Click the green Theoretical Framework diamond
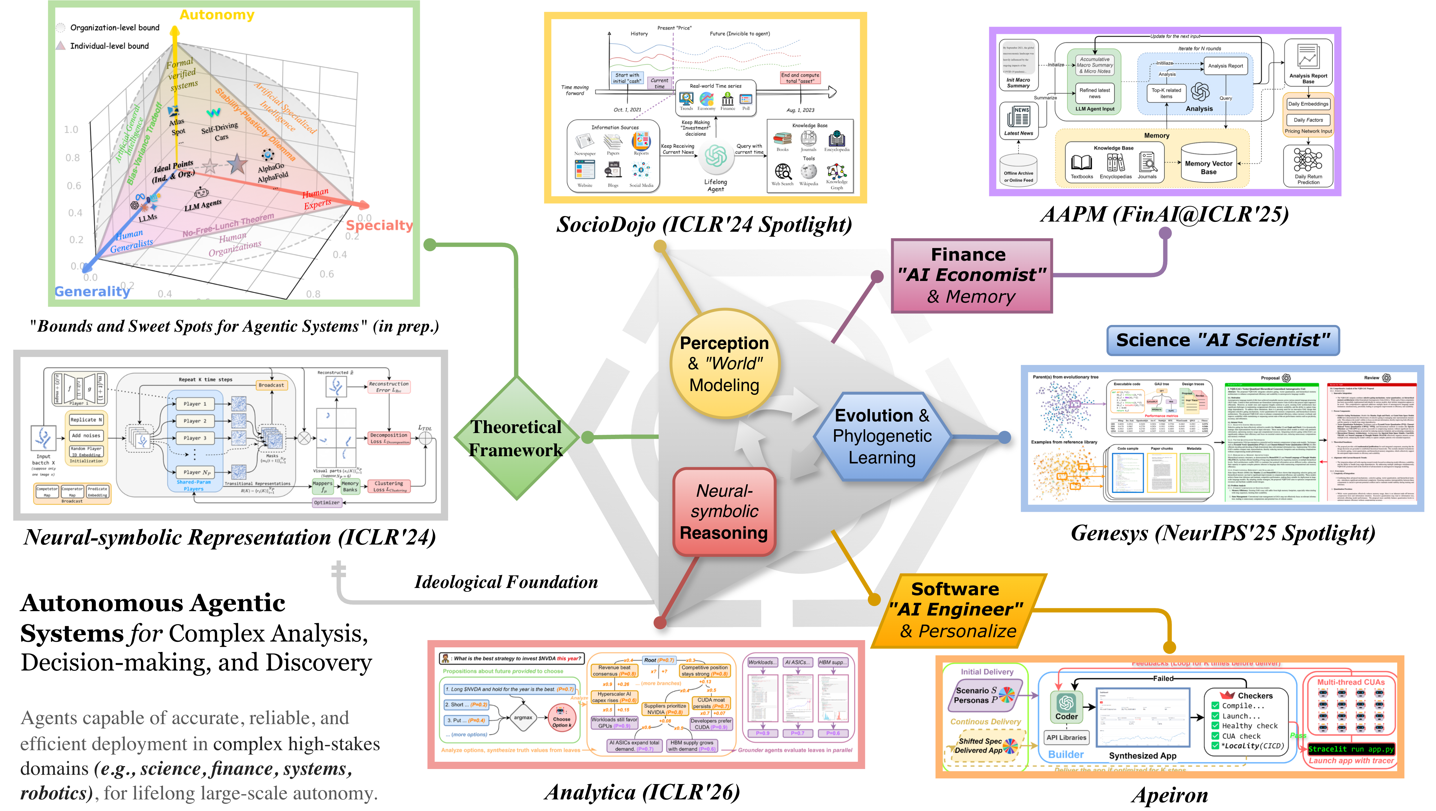pos(516,439)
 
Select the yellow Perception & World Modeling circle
pos(724,364)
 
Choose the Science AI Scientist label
pos(1223,340)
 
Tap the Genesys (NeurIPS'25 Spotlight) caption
pos(1223,533)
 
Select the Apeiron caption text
pos(1170,794)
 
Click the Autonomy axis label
pos(217,15)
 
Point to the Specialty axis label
pos(379,225)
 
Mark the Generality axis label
pos(92,291)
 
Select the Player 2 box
pos(195,421)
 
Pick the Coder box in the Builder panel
pos(1066,707)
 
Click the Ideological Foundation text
pos(505,582)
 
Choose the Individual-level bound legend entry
pos(109,46)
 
